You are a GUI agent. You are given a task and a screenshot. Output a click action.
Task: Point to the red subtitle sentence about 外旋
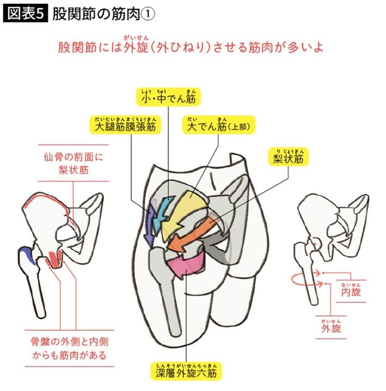192,47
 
